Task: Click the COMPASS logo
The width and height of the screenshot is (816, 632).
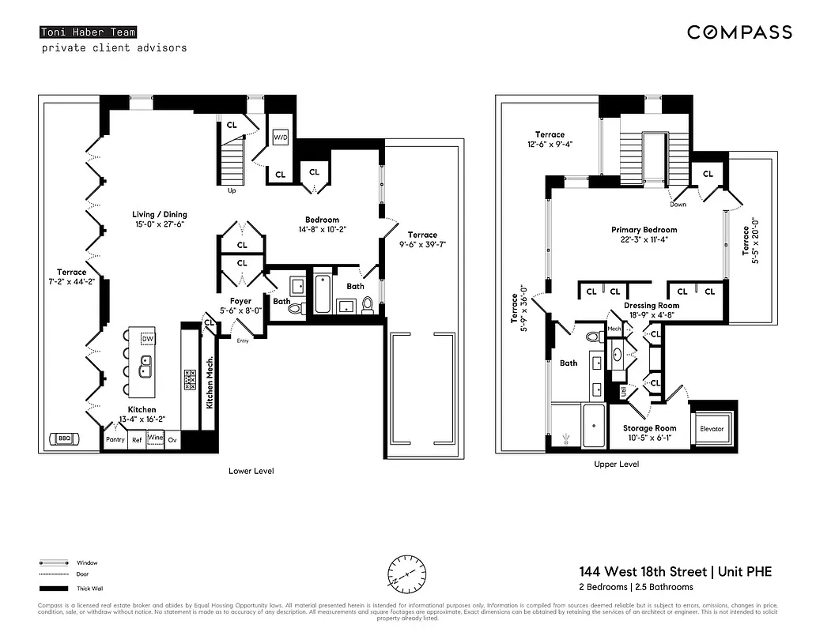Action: (739, 32)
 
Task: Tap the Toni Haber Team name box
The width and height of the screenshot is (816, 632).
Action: (88, 32)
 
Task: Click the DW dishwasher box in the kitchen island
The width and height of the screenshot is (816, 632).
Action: (147, 339)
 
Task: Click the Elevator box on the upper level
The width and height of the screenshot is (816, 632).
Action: (712, 428)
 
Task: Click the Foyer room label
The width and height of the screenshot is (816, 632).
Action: (240, 306)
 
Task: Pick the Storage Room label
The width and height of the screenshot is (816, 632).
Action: (648, 433)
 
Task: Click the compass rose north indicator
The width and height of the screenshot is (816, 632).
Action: (407, 571)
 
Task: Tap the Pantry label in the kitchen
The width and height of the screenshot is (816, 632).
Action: (115, 439)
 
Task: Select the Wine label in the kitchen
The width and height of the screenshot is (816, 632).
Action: (155, 438)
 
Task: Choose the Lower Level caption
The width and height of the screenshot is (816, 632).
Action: (251, 471)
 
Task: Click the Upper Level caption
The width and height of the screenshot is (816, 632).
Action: (616, 464)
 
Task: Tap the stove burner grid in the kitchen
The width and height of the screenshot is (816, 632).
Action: (190, 380)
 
